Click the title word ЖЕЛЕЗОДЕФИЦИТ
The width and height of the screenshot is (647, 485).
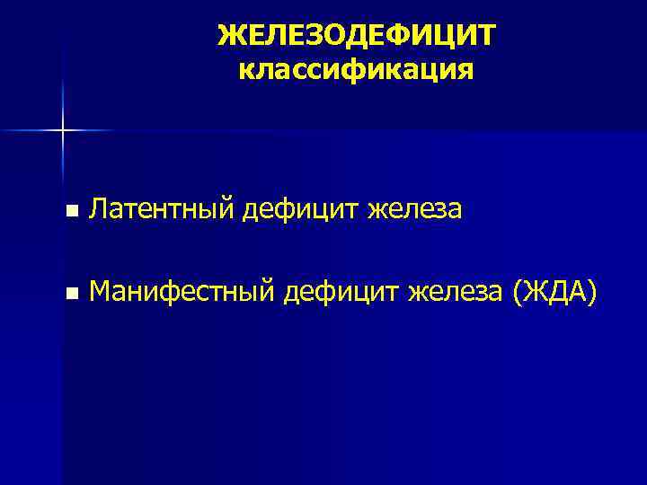[x=356, y=36]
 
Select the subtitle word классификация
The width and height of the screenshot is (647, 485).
[x=356, y=71]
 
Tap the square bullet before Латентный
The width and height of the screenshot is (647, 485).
[x=71, y=212]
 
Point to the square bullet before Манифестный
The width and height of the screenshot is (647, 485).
[x=71, y=294]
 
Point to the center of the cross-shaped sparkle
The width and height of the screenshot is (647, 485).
[x=63, y=131]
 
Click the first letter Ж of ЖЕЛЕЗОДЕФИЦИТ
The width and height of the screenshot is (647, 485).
[x=230, y=36]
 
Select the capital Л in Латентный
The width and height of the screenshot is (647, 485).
[x=100, y=210]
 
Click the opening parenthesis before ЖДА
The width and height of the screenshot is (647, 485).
[x=515, y=293]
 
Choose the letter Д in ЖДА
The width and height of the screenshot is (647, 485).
[x=554, y=292]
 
